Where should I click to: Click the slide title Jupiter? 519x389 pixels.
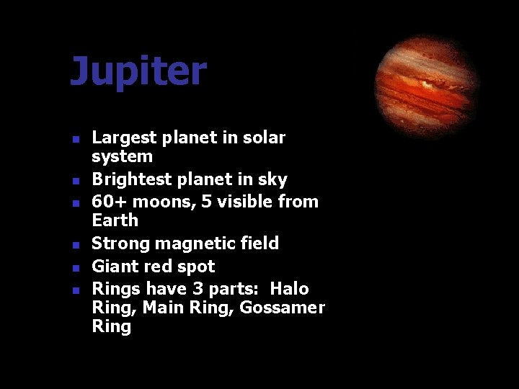coord(138,72)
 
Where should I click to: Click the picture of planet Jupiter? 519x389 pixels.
coord(427,86)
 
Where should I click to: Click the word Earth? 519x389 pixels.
coord(115,220)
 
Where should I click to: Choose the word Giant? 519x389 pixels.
coord(114,267)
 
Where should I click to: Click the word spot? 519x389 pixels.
coord(197,267)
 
